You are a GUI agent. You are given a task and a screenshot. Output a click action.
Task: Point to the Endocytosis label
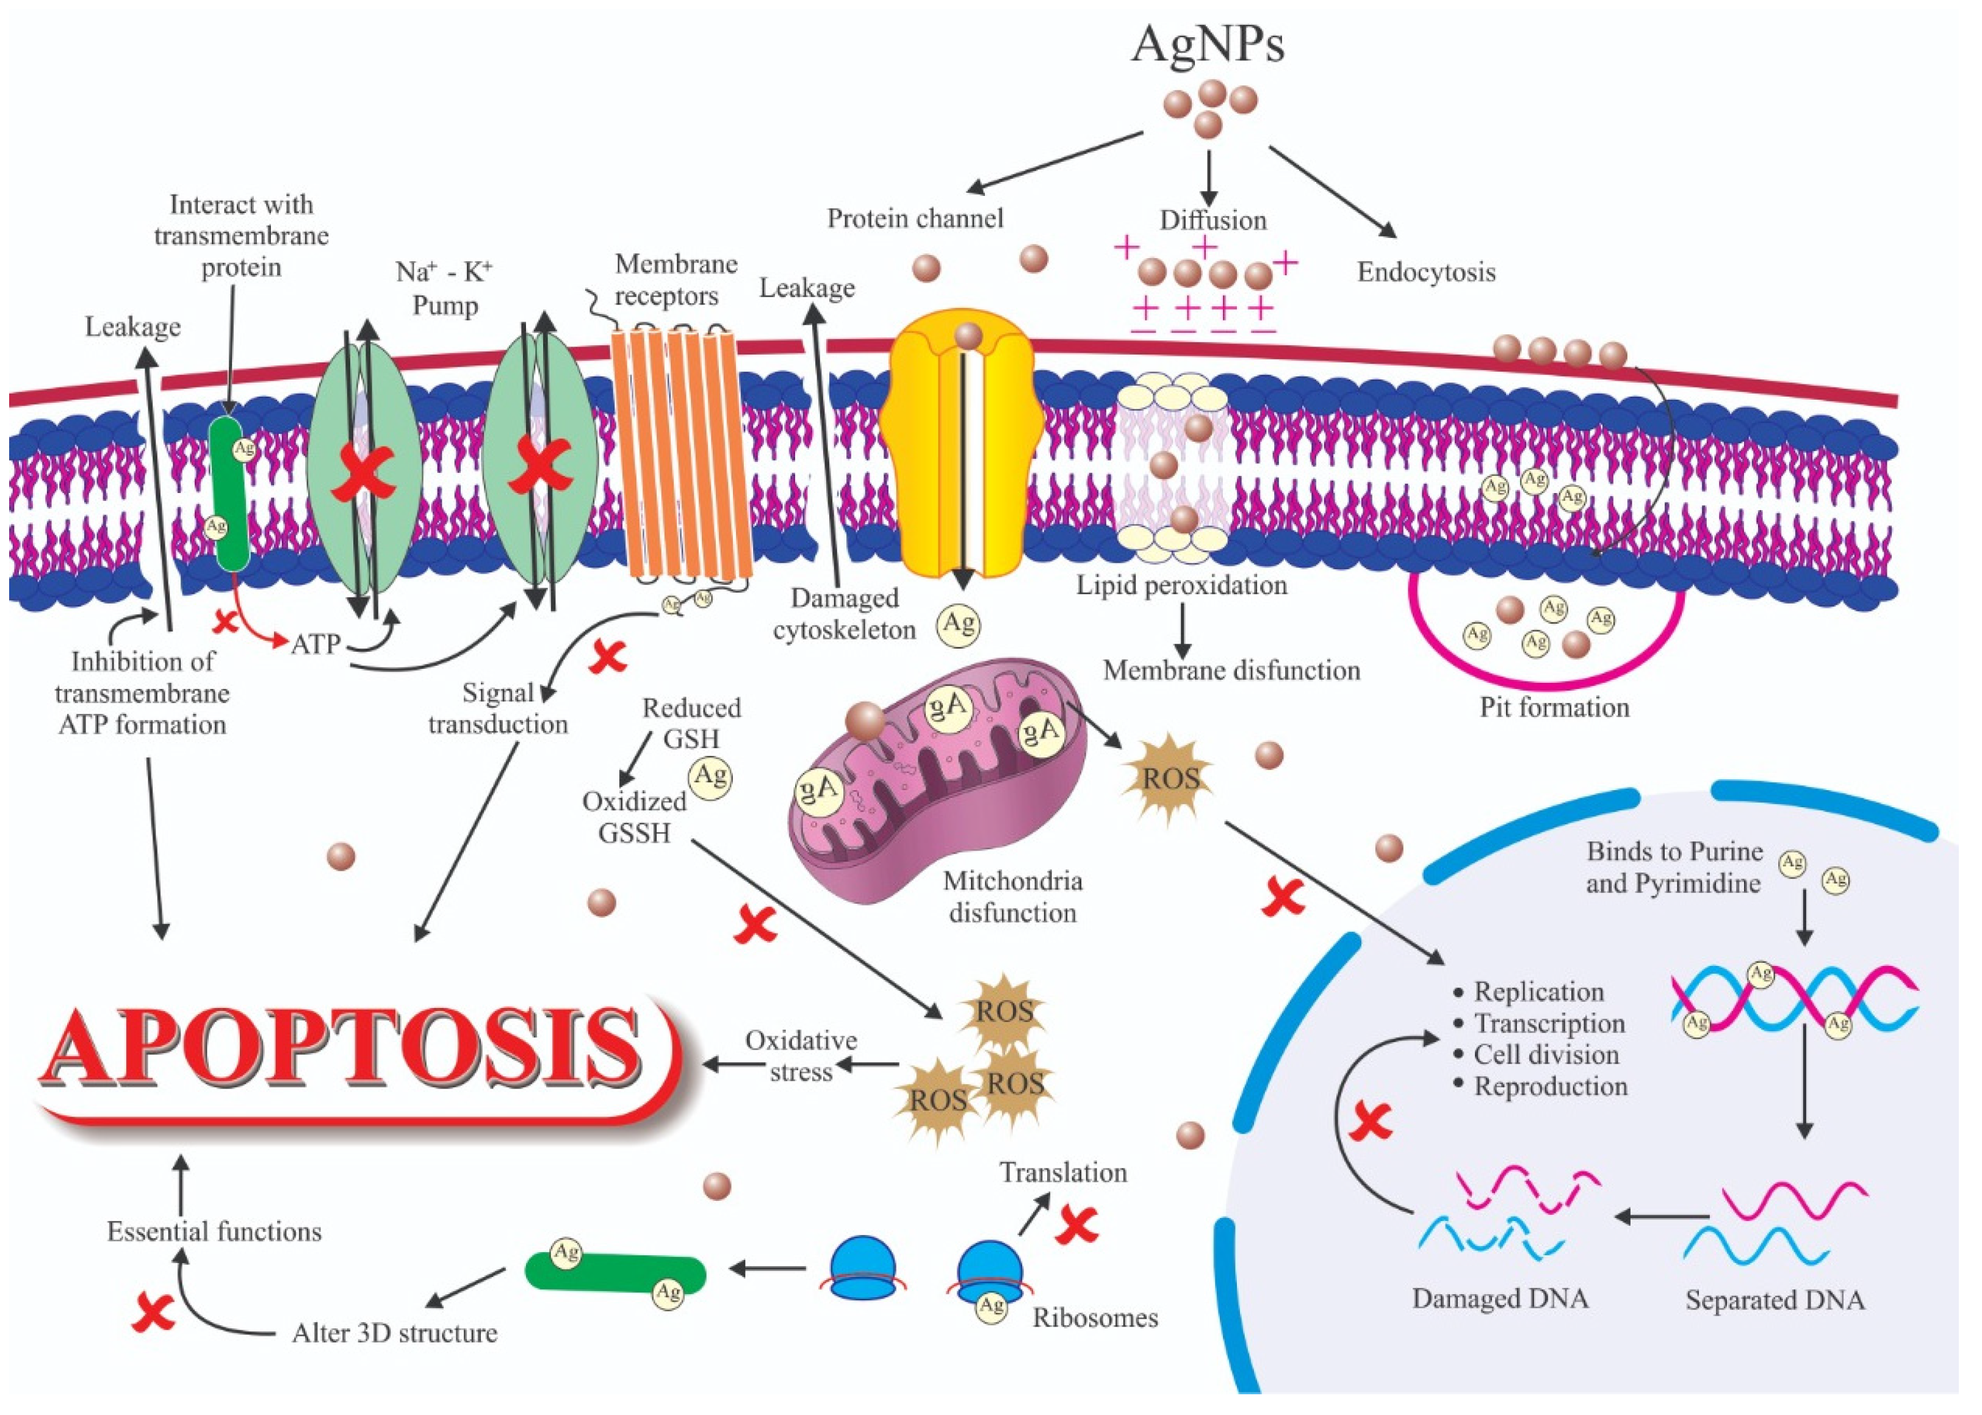click(x=1425, y=273)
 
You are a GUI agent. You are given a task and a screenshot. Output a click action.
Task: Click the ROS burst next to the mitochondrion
click(x=1169, y=778)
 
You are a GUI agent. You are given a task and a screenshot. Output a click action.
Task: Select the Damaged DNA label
click(x=1500, y=1298)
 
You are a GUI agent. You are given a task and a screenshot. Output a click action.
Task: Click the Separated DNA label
click(x=1775, y=1300)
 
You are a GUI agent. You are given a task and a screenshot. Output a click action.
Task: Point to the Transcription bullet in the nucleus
click(x=1549, y=1023)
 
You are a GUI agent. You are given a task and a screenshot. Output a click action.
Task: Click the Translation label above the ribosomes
click(x=1063, y=1172)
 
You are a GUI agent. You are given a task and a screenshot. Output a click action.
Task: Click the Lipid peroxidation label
click(x=1181, y=585)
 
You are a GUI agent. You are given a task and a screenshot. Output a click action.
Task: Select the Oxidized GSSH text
click(x=634, y=816)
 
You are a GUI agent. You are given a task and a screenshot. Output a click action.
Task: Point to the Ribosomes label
click(x=1095, y=1317)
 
